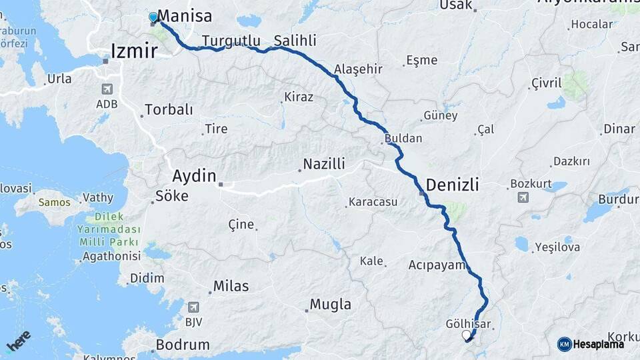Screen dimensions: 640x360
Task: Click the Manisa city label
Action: [185, 17]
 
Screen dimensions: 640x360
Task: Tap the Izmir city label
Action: [135, 51]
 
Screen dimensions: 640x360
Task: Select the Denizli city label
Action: [452, 185]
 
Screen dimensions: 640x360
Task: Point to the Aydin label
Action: [194, 177]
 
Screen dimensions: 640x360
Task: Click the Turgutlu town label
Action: [231, 40]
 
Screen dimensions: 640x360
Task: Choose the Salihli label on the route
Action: [295, 40]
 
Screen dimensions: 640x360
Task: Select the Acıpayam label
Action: [436, 265]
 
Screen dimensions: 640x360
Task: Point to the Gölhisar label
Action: [468, 324]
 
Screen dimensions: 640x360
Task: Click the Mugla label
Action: [331, 305]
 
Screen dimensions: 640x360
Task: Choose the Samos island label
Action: [54, 201]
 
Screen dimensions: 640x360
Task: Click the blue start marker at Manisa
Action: [153, 17]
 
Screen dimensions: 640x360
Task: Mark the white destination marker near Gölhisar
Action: [466, 335]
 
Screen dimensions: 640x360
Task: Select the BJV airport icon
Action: [194, 307]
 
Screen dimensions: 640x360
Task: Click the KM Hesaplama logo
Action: [591, 344]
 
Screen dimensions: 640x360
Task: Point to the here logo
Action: [18, 341]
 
